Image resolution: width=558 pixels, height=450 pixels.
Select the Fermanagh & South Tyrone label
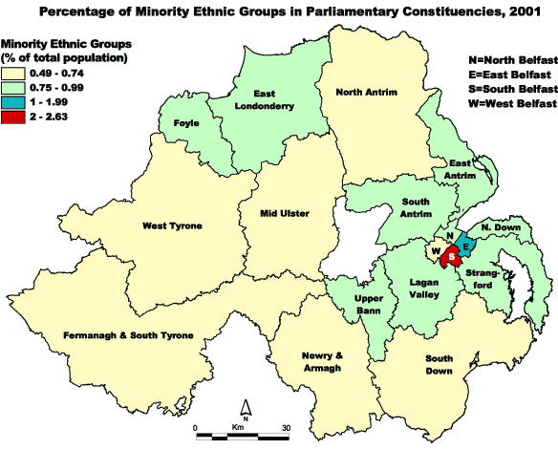[130, 335]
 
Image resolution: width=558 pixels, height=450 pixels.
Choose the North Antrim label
[366, 92]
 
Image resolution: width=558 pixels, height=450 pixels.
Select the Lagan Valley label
[420, 287]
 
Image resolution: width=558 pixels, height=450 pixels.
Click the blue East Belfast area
[467, 245]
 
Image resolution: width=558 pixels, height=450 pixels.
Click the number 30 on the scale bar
[286, 427]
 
